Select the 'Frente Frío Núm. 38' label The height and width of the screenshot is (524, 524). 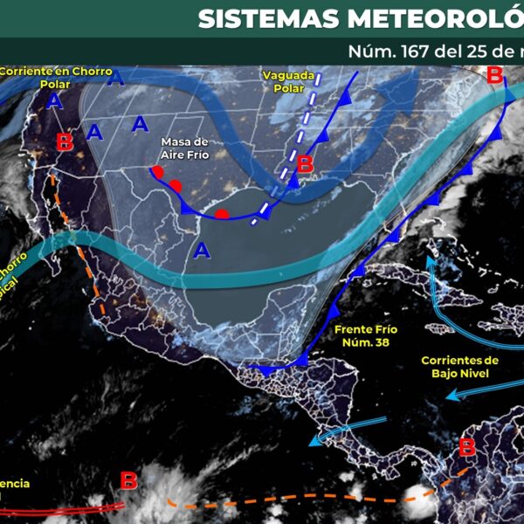tap(362, 336)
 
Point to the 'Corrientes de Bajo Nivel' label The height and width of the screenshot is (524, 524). tap(459, 367)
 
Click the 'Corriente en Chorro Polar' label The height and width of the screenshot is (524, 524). tap(47, 77)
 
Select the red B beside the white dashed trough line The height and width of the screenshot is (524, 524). tap(305, 163)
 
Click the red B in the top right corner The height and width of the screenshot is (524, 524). tap(494, 75)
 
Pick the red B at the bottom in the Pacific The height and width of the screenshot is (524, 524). tap(128, 480)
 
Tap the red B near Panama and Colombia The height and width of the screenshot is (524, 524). tap(467, 448)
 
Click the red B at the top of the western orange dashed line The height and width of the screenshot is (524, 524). tap(64, 142)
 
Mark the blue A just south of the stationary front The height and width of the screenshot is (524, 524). tap(203, 252)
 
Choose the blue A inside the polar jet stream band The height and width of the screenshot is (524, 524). tap(115, 81)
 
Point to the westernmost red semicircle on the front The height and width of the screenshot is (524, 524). tap(156, 171)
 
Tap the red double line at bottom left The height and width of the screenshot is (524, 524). tap(61, 507)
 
